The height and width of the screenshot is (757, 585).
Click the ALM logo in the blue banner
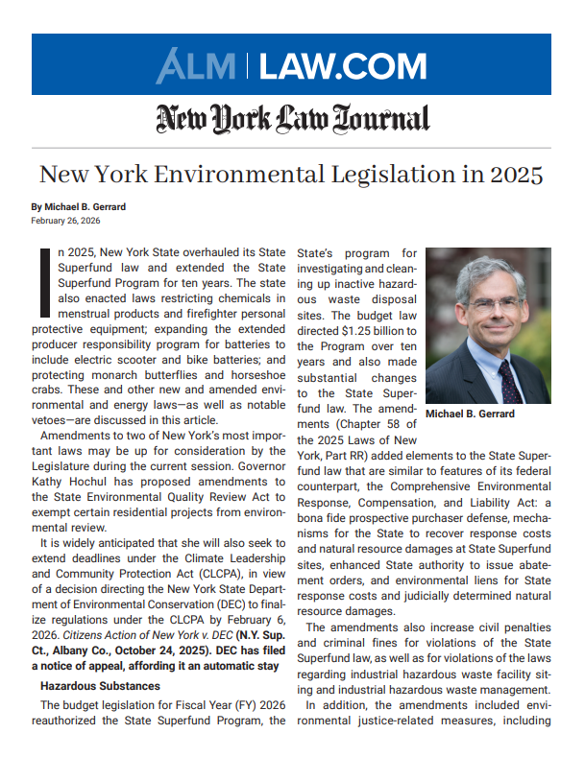point(198,66)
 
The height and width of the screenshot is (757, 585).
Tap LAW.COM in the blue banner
point(343,66)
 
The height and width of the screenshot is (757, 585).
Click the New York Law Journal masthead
point(292,119)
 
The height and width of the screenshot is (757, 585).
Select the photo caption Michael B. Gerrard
point(470,414)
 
